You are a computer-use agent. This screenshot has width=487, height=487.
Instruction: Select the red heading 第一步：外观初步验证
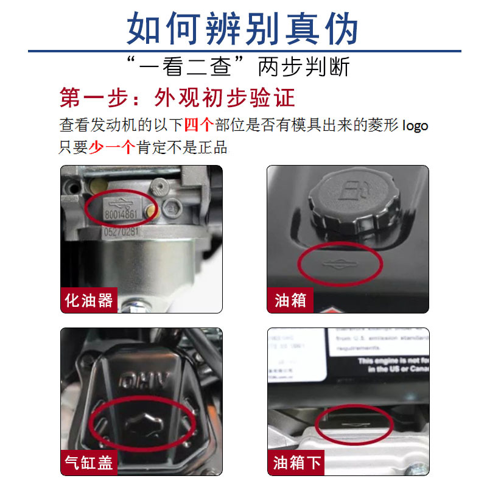[177, 98]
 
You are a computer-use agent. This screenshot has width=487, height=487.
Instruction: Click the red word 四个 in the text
[198, 125]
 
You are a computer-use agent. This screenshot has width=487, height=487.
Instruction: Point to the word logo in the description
[415, 126]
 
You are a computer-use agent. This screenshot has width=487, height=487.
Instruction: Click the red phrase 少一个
[111, 147]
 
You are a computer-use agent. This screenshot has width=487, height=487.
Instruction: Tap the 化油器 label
[89, 300]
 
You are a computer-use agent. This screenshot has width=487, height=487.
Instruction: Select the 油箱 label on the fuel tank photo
[290, 300]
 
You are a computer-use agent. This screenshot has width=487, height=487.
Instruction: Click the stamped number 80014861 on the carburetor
[121, 215]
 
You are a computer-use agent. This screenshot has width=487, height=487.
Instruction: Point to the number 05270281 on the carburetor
[121, 232]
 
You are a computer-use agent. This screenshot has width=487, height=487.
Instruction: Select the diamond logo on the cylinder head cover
[142, 422]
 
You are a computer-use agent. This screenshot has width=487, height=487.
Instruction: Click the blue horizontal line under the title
[243, 51]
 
